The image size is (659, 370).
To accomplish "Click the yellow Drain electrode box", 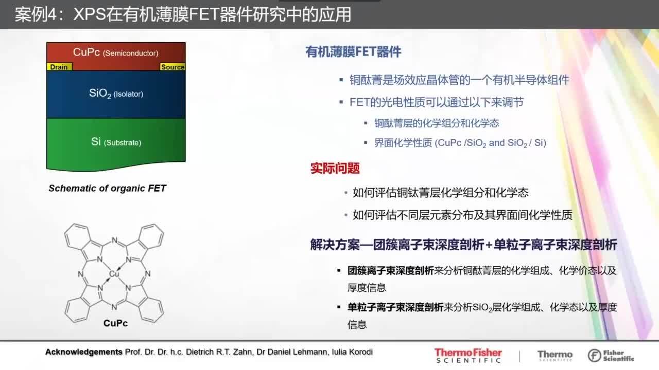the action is (59, 67).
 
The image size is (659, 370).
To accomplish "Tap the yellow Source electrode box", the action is (172, 67).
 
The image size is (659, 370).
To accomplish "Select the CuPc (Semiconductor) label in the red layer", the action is (116, 52).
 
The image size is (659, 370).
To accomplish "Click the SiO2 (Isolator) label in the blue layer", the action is (116, 94).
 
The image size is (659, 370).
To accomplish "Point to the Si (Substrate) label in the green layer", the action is (116, 142).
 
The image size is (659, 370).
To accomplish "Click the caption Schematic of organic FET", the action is (108, 188).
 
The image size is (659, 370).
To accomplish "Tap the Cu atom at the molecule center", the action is (114, 274).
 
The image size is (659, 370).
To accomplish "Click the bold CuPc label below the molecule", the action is (116, 323).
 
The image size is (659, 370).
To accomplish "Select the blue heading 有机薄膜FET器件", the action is (353, 52).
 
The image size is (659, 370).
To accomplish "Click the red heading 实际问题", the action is (335, 168).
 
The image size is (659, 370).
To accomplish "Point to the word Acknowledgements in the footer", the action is (84, 352).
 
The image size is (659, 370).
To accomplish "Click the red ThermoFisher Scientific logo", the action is (468, 355).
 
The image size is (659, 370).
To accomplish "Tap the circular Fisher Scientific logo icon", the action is (594, 356).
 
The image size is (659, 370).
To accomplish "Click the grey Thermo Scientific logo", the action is (555, 356).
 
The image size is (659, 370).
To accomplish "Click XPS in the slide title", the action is (90, 14).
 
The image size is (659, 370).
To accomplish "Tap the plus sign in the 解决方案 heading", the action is (489, 245).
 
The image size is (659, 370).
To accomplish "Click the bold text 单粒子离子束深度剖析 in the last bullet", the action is (395, 307).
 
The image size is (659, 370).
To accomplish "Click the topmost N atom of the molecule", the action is (114, 240).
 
